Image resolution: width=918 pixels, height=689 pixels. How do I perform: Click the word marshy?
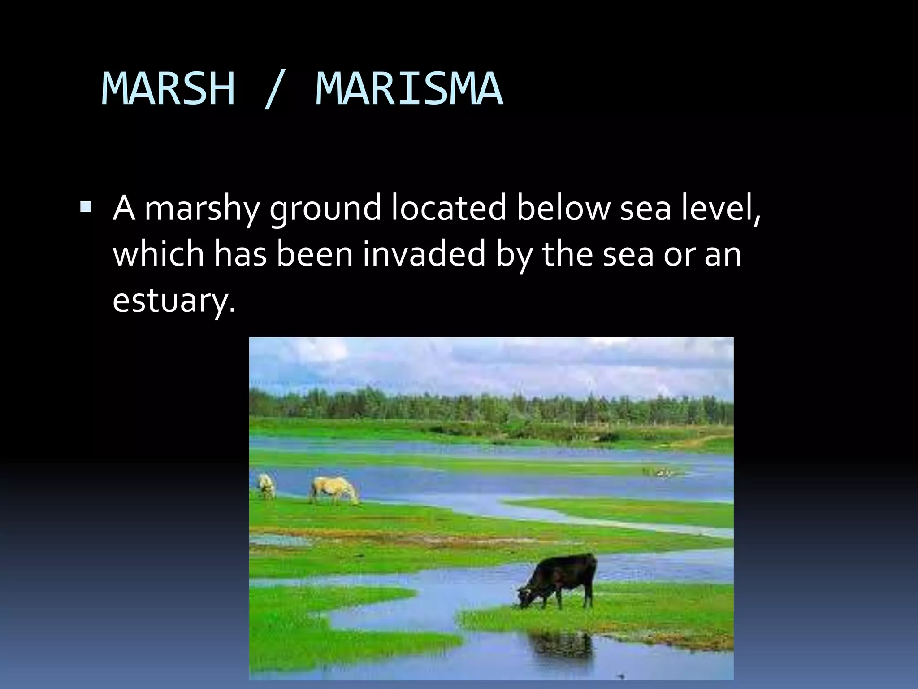tap(202, 209)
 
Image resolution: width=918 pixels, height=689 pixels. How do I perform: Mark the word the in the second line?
tap(568, 254)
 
